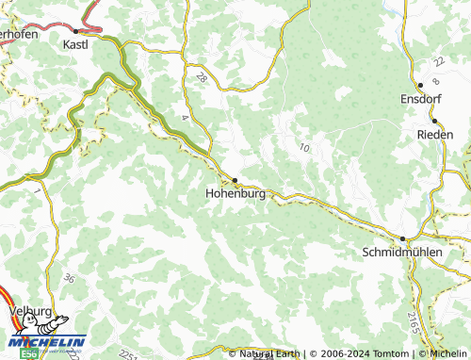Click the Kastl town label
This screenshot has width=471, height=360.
tap(75, 44)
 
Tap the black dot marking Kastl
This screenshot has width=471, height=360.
tap(75, 31)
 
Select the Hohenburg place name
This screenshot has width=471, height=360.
tap(235, 193)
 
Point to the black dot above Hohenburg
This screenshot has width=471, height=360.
tap(235, 178)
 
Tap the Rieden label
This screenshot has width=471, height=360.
tap(434, 135)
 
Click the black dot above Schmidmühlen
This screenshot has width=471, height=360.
tap(402, 239)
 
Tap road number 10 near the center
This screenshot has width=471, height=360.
tap(303, 147)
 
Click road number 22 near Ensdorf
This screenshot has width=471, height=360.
tap(437, 60)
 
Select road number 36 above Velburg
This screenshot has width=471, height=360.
tap(69, 278)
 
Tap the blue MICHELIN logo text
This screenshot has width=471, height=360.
tap(47, 342)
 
